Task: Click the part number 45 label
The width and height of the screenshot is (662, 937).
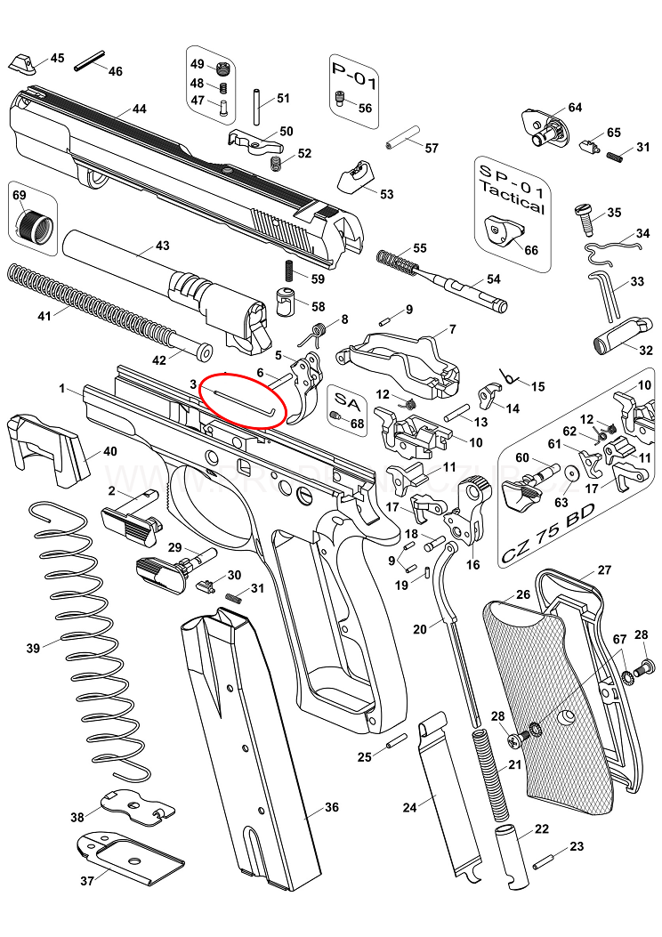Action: coord(57,58)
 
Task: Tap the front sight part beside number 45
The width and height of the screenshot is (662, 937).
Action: coord(22,64)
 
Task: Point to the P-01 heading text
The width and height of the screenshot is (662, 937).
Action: coord(354,77)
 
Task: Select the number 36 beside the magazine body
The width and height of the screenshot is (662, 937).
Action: coord(332,807)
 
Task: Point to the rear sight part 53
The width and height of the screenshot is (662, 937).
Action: coord(355,176)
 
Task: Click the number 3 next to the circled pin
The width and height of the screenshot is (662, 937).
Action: coord(193,384)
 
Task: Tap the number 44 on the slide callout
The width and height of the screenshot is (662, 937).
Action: coord(139,109)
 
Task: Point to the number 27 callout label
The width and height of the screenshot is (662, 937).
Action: coord(604,570)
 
